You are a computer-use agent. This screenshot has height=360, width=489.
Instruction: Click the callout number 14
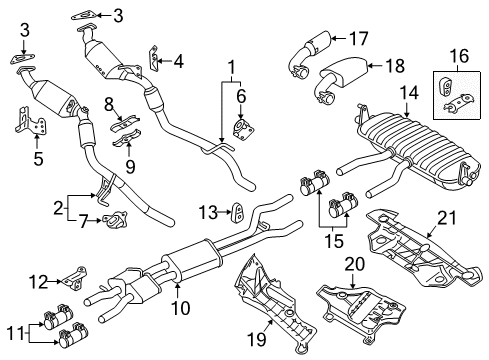pos(409,93)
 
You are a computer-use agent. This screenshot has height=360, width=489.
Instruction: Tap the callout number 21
pos(446,218)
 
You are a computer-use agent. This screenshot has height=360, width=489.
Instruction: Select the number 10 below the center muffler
pos(180,308)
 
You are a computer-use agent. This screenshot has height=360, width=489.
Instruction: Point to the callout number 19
pos(257,339)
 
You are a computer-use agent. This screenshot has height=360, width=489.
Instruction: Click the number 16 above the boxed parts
pos(459,56)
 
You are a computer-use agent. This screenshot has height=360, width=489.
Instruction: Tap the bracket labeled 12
pos(75,277)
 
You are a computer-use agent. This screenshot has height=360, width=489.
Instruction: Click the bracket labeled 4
pos(153,59)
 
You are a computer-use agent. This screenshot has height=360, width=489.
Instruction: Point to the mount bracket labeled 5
pos(31,120)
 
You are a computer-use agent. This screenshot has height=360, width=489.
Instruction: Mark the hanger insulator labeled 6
pos(243,128)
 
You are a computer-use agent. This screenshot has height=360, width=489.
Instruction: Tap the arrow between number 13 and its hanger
pos(225,211)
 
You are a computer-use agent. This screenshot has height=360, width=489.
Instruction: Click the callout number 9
pos(130,166)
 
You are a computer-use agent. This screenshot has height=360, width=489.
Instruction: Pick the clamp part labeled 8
pos(125,123)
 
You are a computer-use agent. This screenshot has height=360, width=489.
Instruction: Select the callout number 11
pos(15,333)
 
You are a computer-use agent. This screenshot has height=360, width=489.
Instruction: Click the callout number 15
pos(334,241)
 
